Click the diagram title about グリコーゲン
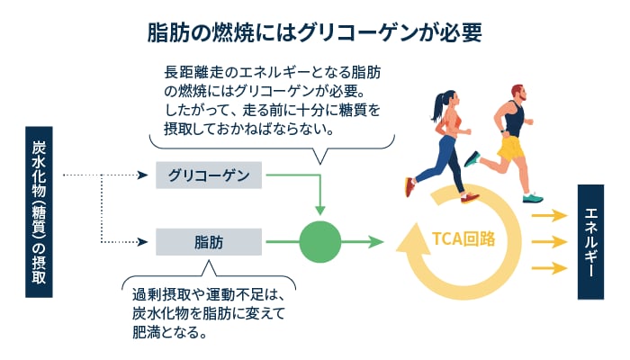pyautogui.click(x=315, y=32)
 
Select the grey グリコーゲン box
pyautogui.click(x=209, y=175)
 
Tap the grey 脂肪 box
pyautogui.click(x=209, y=242)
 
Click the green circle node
pyautogui.click(x=320, y=242)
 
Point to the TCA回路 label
pyautogui.click(x=463, y=238)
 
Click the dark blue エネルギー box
pyautogui.click(x=590, y=242)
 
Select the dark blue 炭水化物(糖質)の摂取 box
pyautogui.click(x=39, y=212)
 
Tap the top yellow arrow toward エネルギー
pyautogui.click(x=549, y=216)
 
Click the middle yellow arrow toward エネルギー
pyautogui.click(x=549, y=242)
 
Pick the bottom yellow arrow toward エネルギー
pyautogui.click(x=549, y=268)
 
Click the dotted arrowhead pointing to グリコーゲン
pyautogui.click(x=143, y=175)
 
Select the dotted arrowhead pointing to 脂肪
pyautogui.click(x=143, y=242)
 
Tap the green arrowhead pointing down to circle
pyautogui.click(x=320, y=210)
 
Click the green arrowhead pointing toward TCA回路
pyautogui.click(x=377, y=242)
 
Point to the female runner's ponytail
pyautogui.click(x=438, y=106)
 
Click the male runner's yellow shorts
pyautogui.click(x=510, y=148)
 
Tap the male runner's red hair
pyautogui.click(x=517, y=89)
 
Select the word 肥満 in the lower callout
pyautogui.click(x=147, y=332)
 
